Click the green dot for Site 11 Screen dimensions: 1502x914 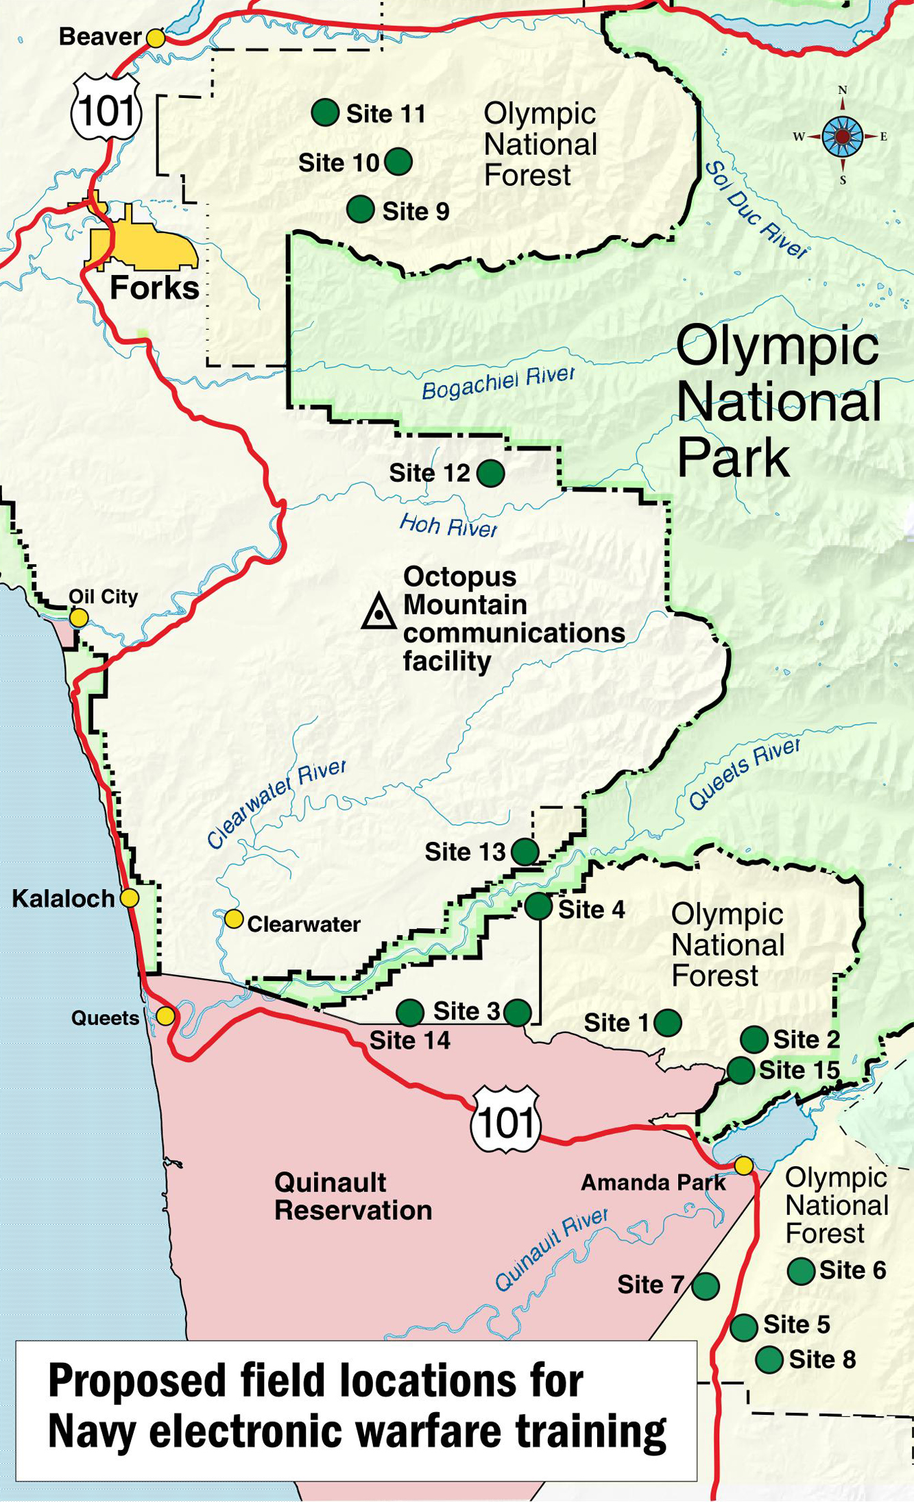[325, 112]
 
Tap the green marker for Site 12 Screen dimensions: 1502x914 [491, 473]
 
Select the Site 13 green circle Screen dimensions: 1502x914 [525, 851]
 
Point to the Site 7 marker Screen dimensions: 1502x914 [706, 1285]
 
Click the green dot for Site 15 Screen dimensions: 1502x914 [741, 1070]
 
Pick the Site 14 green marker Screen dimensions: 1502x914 [410, 1012]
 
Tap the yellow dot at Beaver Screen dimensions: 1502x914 [156, 38]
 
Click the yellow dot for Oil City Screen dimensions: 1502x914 [79, 618]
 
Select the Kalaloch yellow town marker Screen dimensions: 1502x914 [130, 897]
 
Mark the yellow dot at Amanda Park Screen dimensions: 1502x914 [744, 1165]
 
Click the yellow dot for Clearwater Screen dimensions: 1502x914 [234, 919]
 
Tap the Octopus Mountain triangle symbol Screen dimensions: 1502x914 [378, 611]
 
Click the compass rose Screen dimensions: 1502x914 [843, 136]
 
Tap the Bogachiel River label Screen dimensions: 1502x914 [498, 383]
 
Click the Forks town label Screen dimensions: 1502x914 [154, 288]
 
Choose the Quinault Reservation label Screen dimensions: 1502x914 [352, 1196]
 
